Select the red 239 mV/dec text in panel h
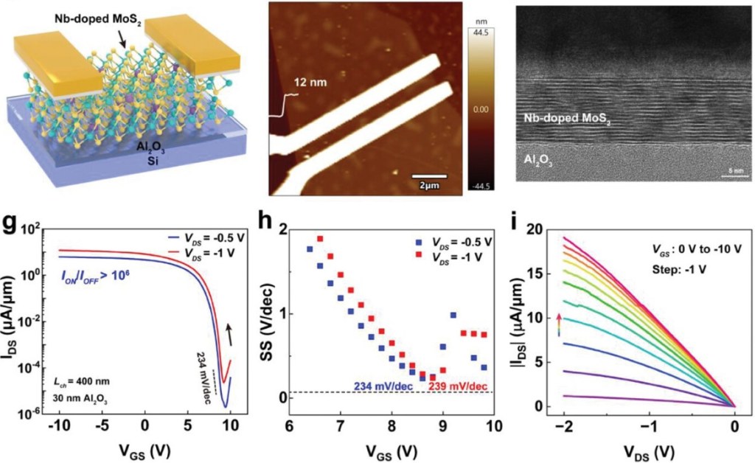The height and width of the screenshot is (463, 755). [459, 385]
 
